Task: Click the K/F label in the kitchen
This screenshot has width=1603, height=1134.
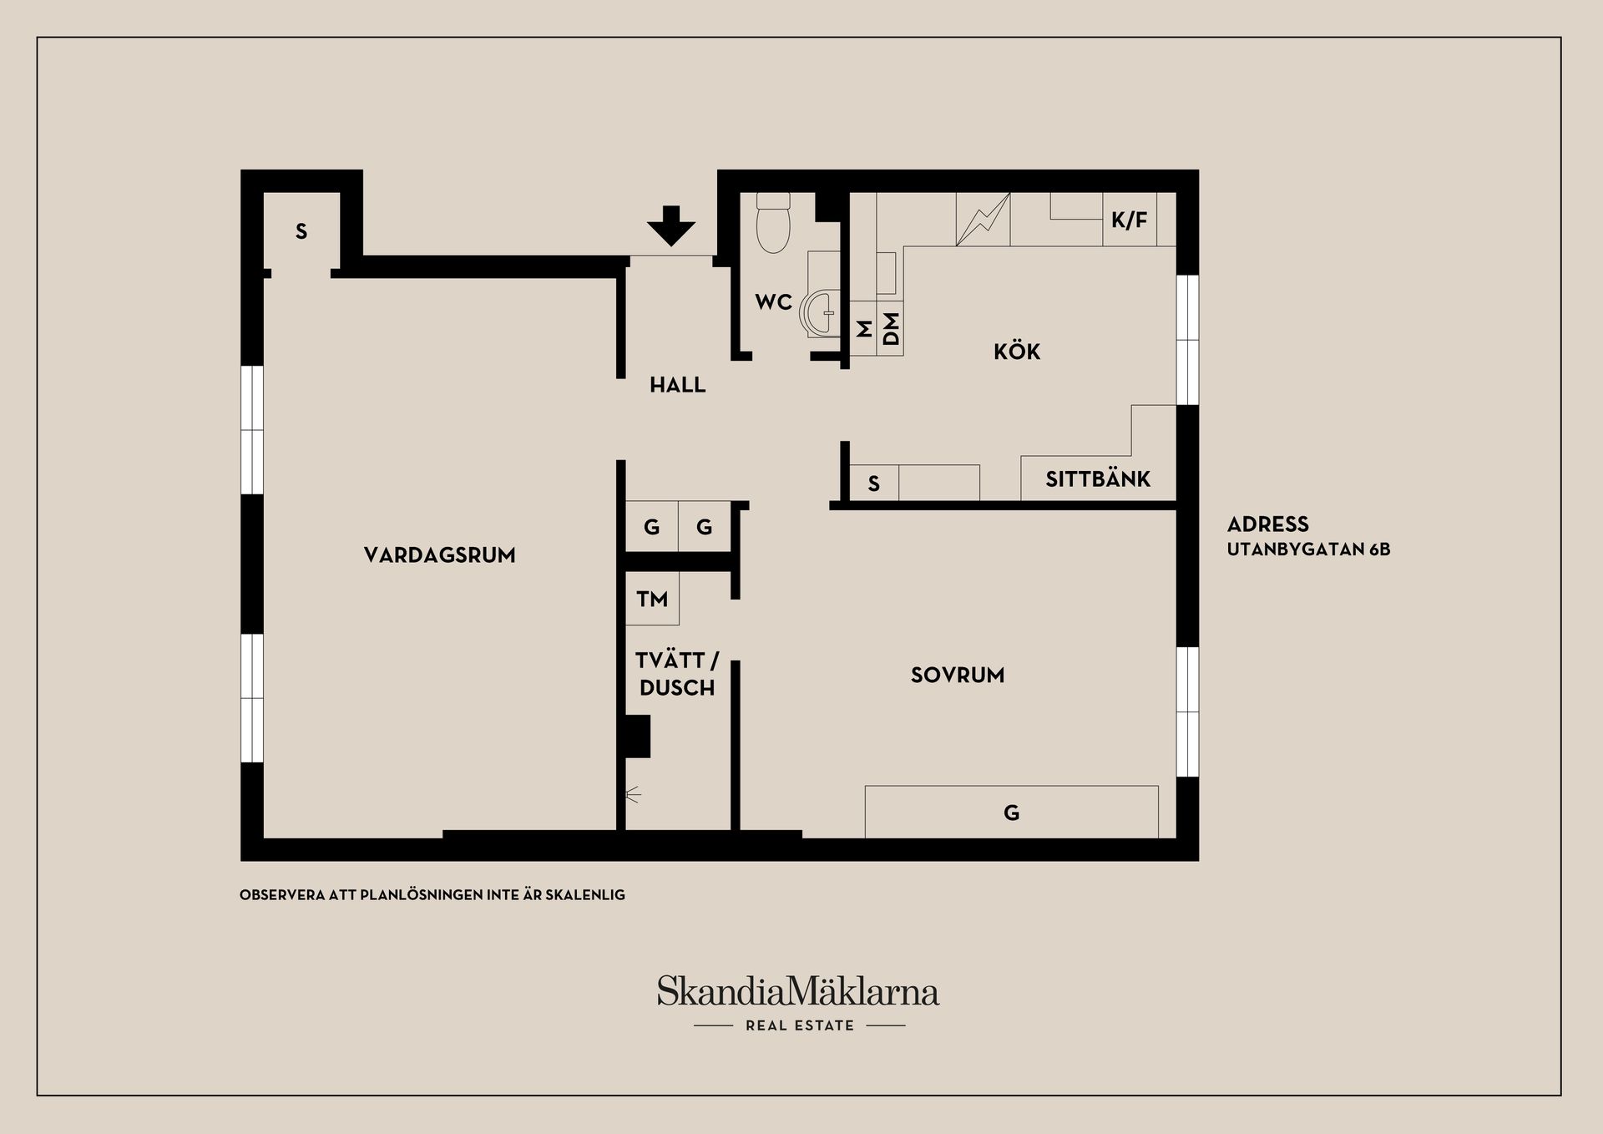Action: pos(1129,220)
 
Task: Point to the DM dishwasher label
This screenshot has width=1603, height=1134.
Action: pos(891,328)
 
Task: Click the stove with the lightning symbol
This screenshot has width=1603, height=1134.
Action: pos(983,220)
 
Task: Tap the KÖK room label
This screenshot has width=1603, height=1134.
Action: pos(1017,351)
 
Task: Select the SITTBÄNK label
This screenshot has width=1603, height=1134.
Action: pos(1098,479)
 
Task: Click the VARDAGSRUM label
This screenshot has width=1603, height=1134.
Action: pos(440,555)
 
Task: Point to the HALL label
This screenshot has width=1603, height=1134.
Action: pos(678,385)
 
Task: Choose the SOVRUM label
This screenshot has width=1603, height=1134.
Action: pos(958,675)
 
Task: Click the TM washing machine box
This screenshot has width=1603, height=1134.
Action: pos(652,598)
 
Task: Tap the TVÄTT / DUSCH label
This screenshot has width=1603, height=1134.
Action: pos(677,674)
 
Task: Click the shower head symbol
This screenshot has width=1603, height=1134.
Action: pos(633,794)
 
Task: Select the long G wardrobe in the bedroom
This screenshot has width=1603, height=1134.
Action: pos(1011,812)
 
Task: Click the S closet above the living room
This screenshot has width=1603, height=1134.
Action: pos(301,231)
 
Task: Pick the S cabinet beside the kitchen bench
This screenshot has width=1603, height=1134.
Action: pos(874,483)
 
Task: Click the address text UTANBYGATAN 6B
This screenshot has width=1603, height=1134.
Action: pos(1308,549)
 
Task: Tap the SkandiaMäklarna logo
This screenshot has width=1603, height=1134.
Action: pos(798,1002)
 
